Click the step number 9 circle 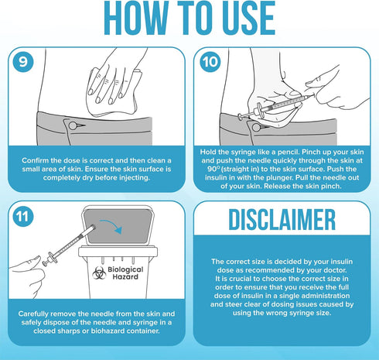23,62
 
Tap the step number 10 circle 210,62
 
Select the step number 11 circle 23,216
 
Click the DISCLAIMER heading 282,220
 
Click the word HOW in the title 136,18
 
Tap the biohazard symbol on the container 99,273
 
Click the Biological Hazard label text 125,273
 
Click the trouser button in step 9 73,125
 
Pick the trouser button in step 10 256,127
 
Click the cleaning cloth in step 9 114,91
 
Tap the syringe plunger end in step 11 46,263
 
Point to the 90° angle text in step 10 213,169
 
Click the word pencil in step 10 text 287,152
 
